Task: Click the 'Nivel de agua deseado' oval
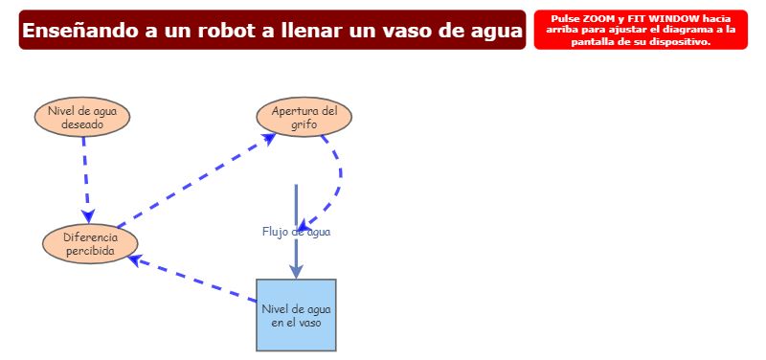point(82,117)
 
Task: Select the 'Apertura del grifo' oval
point(304,117)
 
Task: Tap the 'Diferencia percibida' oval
point(90,244)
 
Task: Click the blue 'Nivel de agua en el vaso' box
point(296,315)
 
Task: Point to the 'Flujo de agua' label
point(296,232)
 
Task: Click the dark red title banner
point(272,30)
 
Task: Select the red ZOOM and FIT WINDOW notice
point(641,30)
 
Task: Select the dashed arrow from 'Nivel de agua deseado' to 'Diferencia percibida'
point(85,172)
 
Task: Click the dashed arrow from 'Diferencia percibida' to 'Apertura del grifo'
point(191,178)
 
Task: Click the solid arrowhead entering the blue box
point(296,270)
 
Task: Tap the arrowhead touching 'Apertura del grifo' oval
point(269,139)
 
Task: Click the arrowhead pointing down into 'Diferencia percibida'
point(88,217)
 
